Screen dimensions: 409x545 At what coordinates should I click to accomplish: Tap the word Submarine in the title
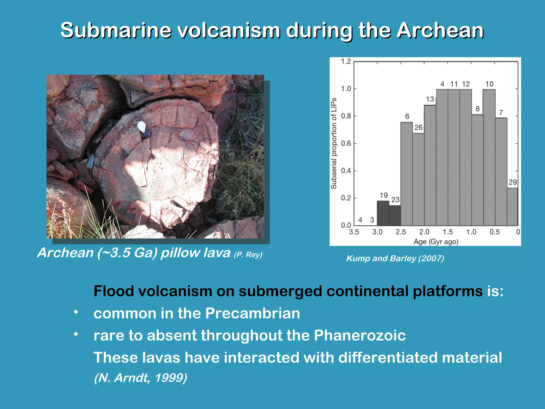(x=116, y=31)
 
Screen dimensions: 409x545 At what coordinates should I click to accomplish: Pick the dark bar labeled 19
(x=383, y=213)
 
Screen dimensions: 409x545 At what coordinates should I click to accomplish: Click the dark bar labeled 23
(x=395, y=215)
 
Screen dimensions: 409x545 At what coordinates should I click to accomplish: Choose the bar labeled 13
(x=430, y=165)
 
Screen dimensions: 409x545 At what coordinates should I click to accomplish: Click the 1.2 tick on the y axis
(x=346, y=62)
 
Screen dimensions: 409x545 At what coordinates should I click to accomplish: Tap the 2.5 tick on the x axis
(x=401, y=232)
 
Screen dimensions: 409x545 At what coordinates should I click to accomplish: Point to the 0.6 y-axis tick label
(x=346, y=144)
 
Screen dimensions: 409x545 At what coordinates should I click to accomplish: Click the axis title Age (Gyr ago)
(x=436, y=242)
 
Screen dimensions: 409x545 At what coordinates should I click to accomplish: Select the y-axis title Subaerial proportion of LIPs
(x=334, y=144)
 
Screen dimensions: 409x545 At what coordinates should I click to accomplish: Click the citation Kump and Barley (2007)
(x=395, y=258)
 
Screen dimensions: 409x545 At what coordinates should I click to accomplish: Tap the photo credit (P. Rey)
(x=248, y=255)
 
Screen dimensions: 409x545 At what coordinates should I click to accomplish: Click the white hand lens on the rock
(x=142, y=126)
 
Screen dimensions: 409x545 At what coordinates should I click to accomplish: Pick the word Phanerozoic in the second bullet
(x=360, y=335)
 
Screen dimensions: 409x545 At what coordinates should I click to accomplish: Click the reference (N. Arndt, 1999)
(x=141, y=378)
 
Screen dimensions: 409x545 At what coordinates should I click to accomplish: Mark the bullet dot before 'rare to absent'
(x=76, y=334)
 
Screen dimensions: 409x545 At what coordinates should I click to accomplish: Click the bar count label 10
(x=489, y=84)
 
